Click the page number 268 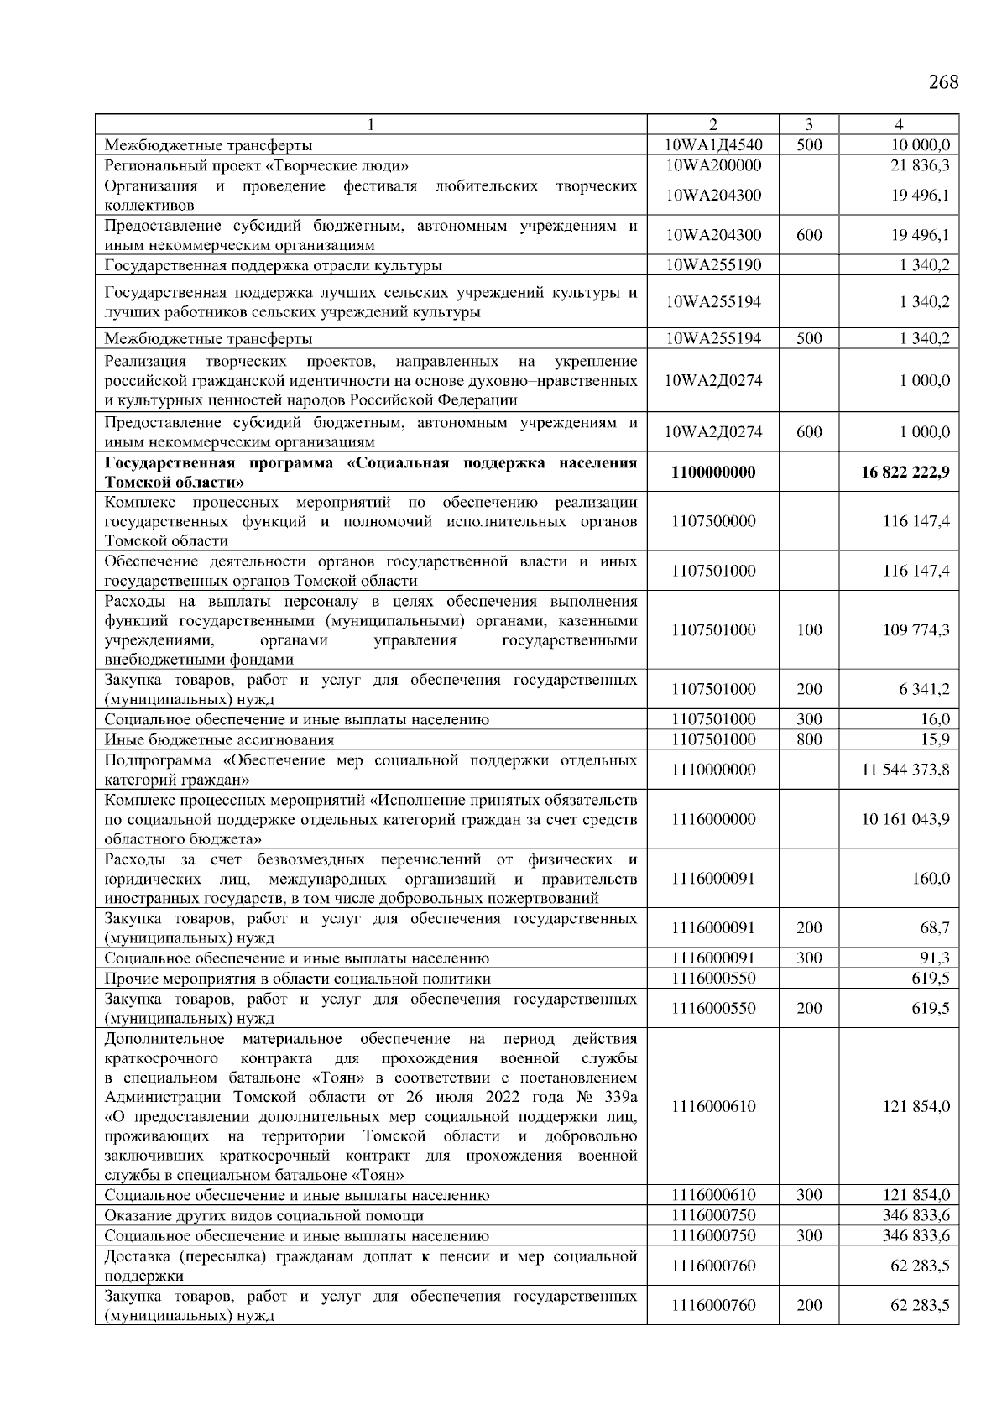click(943, 82)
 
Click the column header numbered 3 click(808, 124)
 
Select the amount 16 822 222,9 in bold click(905, 472)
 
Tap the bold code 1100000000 click(713, 472)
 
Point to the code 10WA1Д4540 click(713, 145)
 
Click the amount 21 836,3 click(920, 165)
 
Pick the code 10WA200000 click(713, 165)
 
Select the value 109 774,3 click(916, 630)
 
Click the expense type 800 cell click(808, 739)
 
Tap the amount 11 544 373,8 click(905, 770)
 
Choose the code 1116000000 click(713, 819)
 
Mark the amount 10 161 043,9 click(905, 819)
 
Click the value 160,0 click(931, 879)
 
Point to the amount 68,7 click(934, 928)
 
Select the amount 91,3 click(934, 958)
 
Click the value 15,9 click(934, 739)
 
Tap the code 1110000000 click(713, 770)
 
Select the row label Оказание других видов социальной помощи click(263, 1216)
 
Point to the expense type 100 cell click(808, 630)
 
